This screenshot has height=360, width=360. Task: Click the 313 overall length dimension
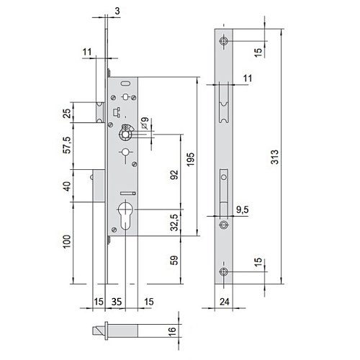[x=275, y=157]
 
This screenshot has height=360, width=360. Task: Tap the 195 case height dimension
[x=190, y=160]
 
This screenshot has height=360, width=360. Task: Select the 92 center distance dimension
[x=174, y=174]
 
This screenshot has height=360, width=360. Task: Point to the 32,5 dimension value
[x=175, y=222]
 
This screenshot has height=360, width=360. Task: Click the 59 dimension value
[x=175, y=260]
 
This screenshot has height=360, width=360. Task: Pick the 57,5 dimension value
[x=67, y=145]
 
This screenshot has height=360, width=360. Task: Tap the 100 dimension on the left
[x=67, y=241]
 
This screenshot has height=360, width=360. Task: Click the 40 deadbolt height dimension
[x=67, y=186]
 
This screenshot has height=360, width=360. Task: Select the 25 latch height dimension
[x=67, y=113]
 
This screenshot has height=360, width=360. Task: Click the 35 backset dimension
[x=117, y=302]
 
